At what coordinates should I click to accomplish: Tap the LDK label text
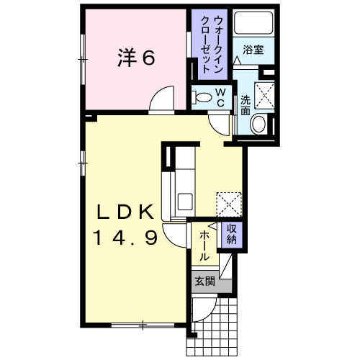pyautogui.click(x=126, y=212)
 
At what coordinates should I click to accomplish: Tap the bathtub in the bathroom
pyautogui.click(x=251, y=25)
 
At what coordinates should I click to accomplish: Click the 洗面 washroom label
pyautogui.click(x=246, y=106)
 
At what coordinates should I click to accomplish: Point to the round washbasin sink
pyautogui.click(x=257, y=124)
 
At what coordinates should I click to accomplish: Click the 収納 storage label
pyautogui.click(x=232, y=233)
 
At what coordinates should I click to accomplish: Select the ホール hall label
pyautogui.click(x=204, y=245)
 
